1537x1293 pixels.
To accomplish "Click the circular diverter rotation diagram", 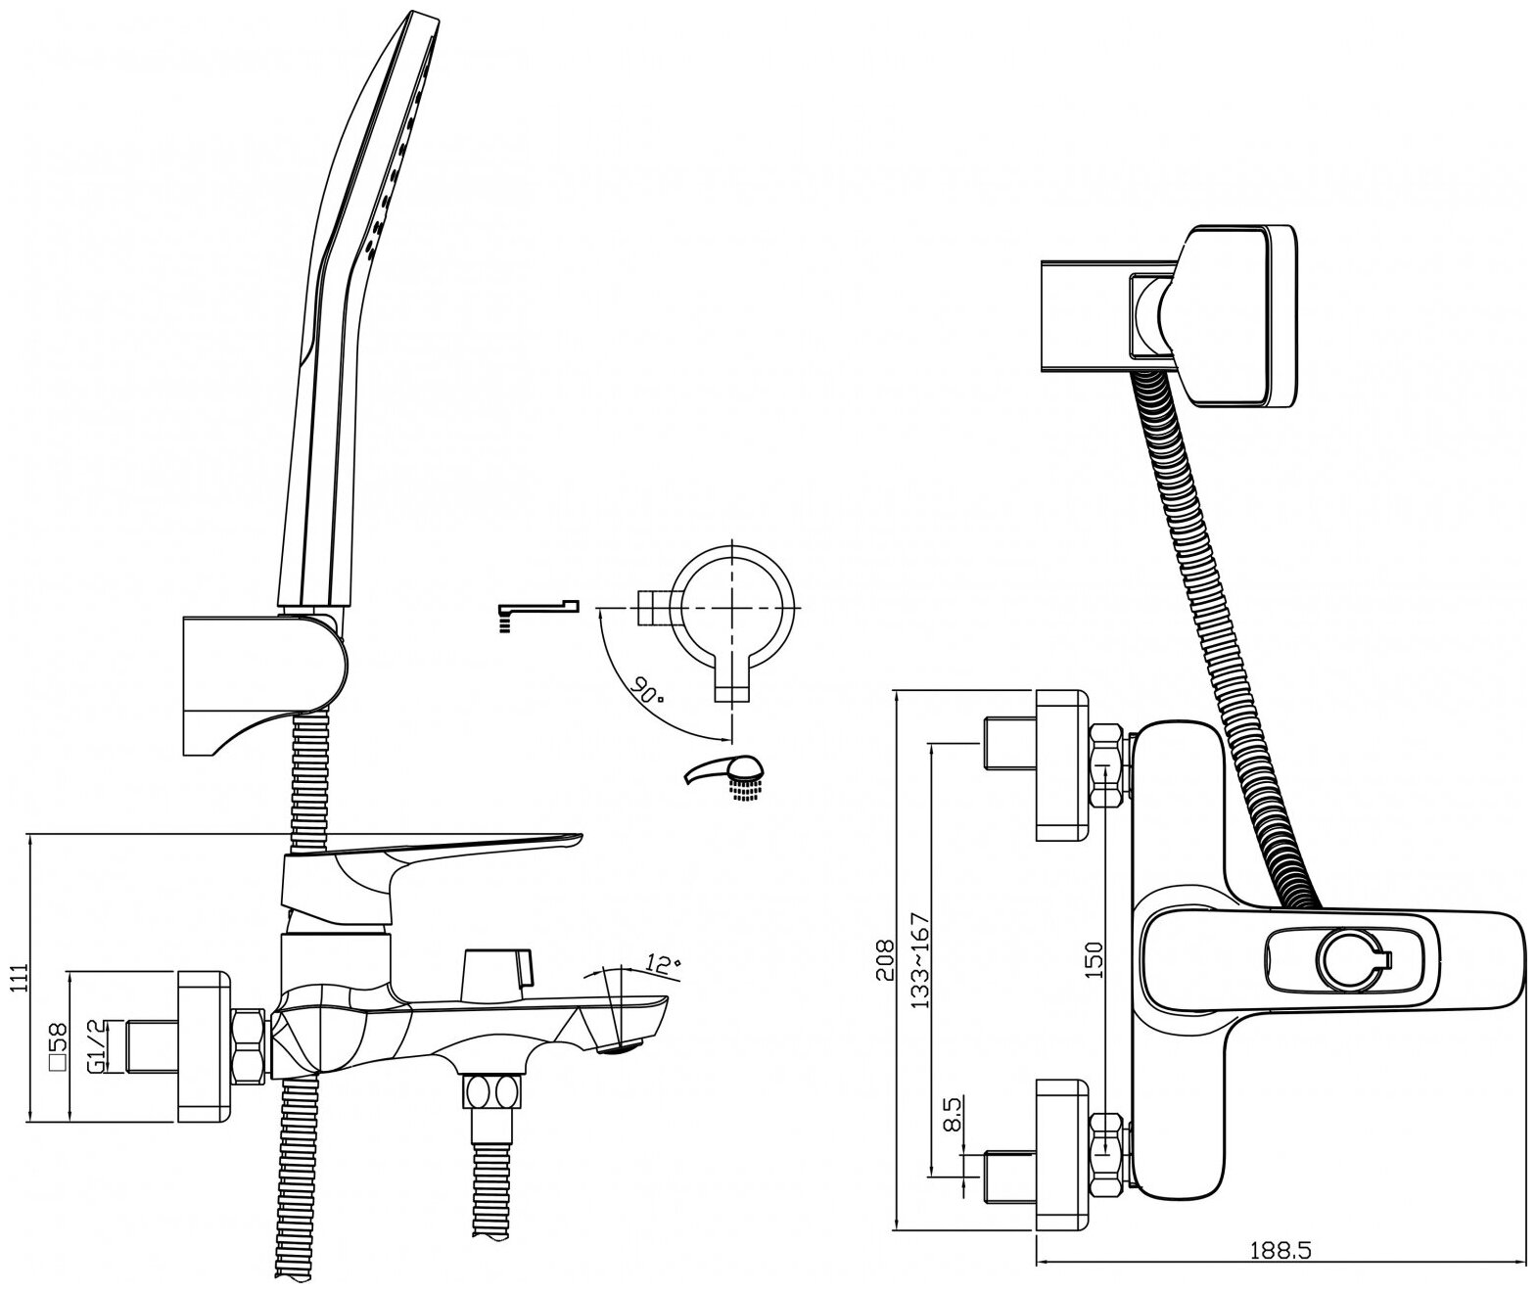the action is click(733, 608).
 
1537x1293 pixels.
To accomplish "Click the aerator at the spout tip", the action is click(617, 1049).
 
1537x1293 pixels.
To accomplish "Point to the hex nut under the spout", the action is click(491, 1090).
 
